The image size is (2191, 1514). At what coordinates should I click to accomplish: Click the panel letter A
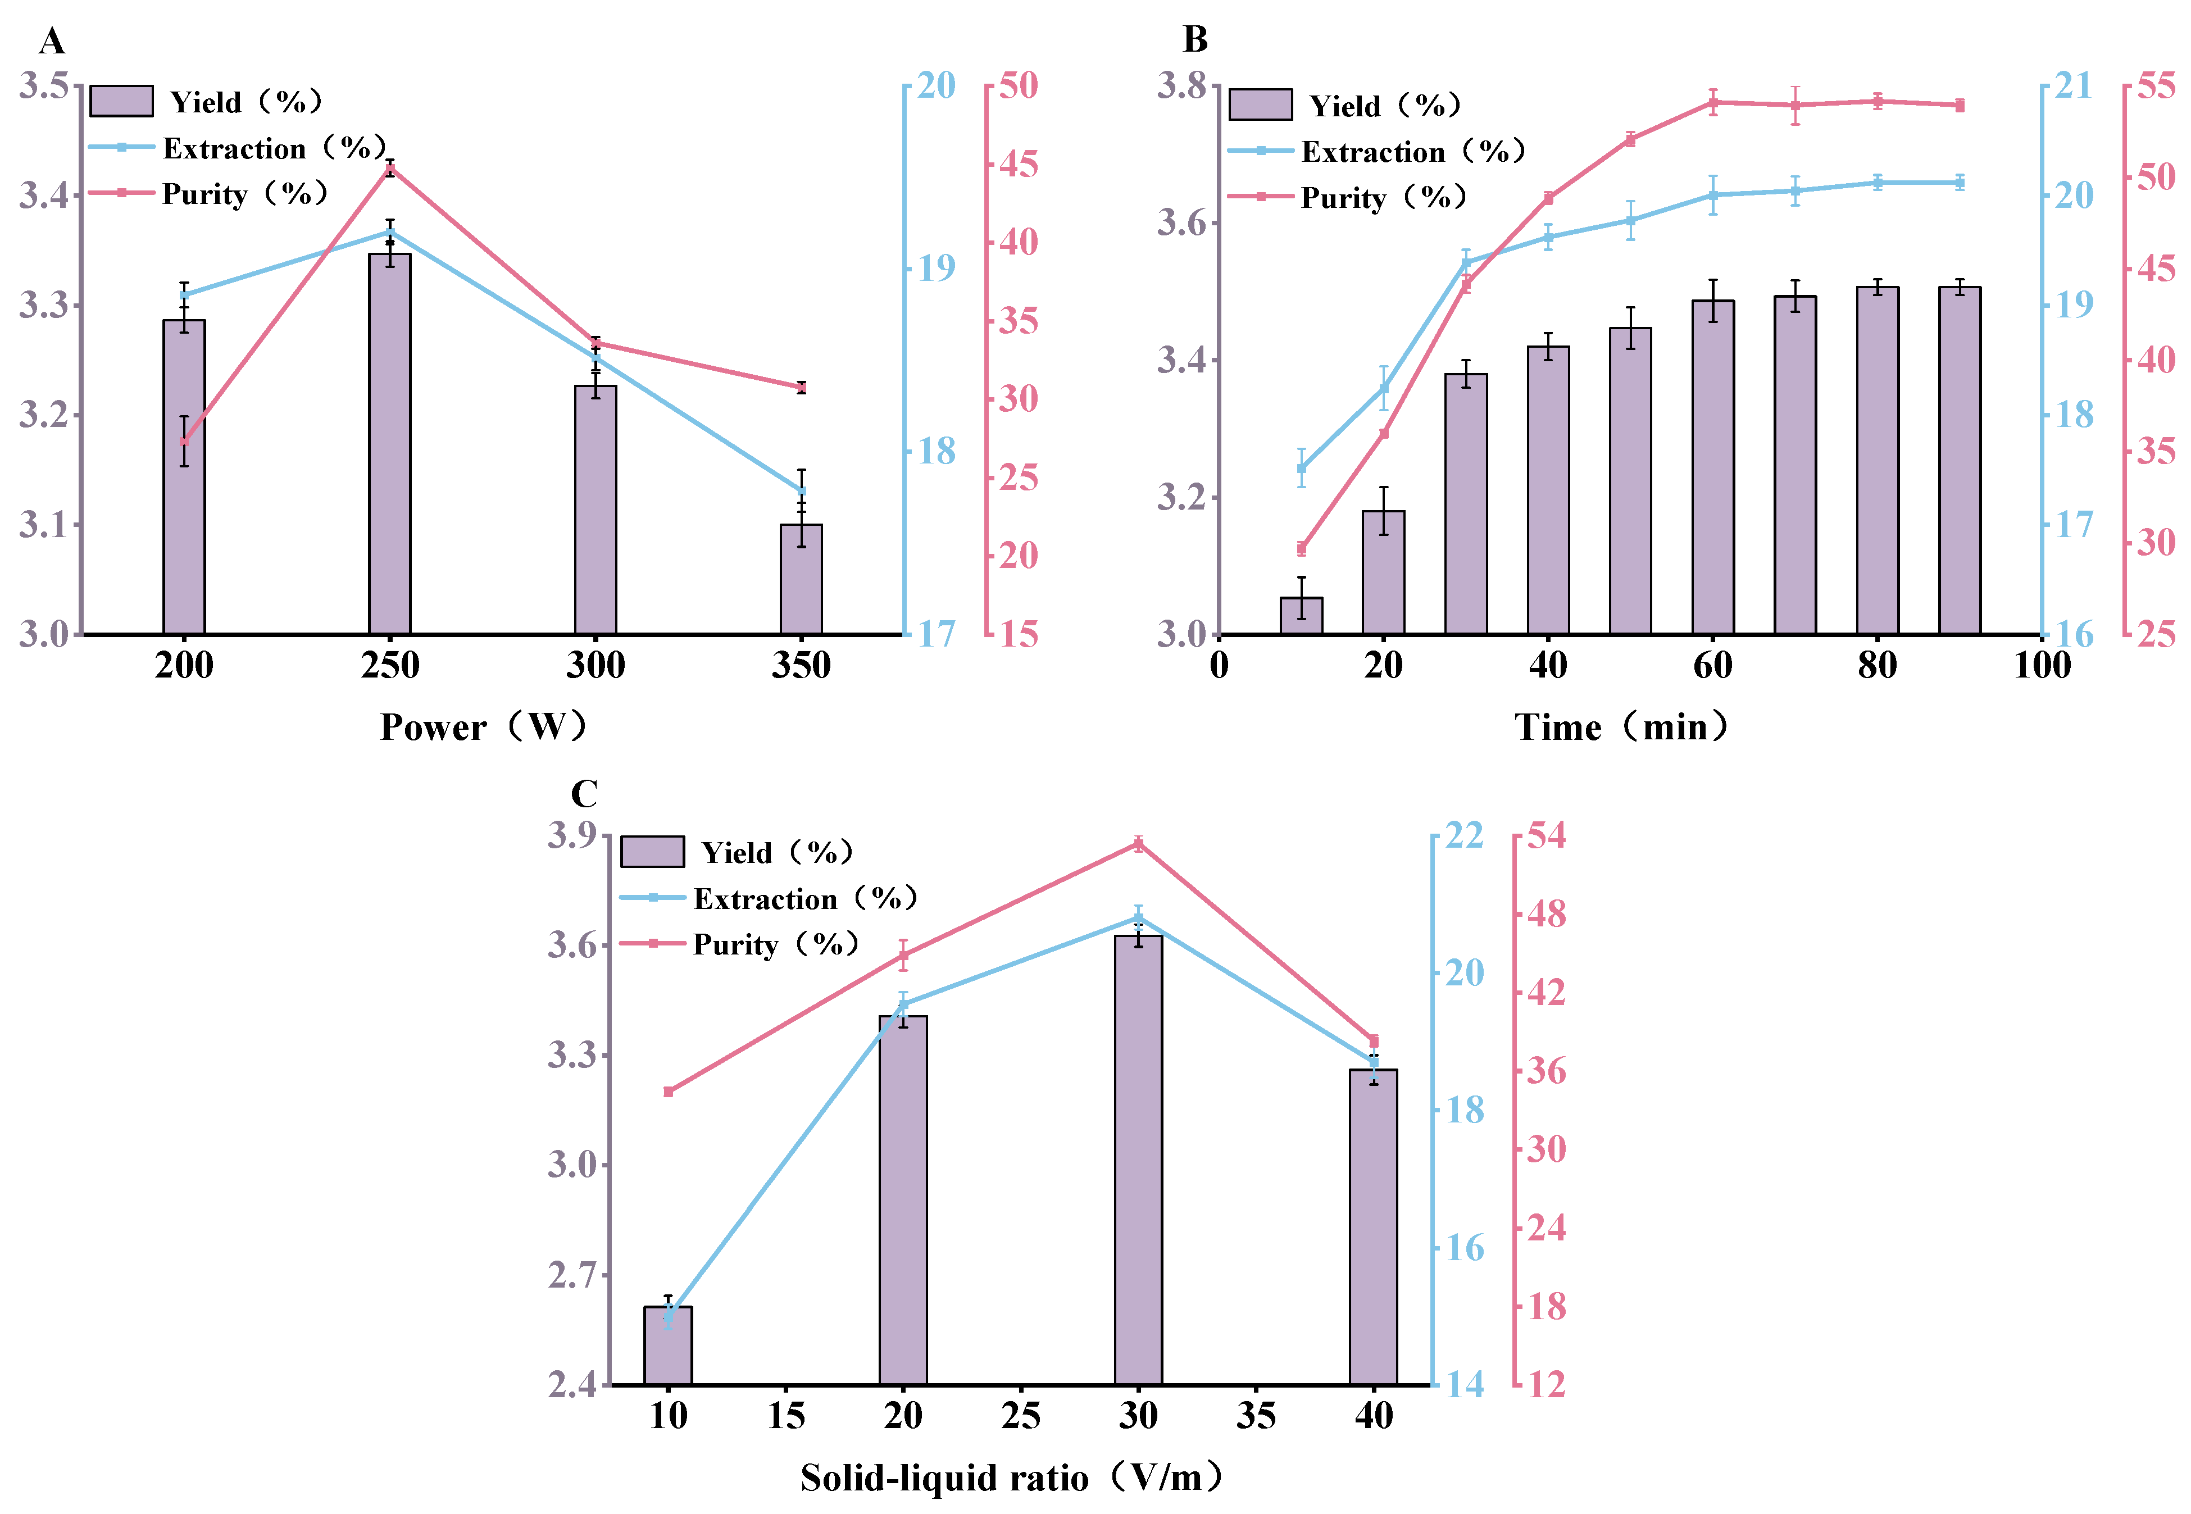(51, 42)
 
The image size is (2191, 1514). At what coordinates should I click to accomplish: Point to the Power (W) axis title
(484, 728)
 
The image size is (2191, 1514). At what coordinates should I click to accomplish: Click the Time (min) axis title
(1621, 728)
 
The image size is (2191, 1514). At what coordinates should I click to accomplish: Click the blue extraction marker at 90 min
(1960, 182)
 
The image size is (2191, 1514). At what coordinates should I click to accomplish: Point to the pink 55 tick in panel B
(2157, 87)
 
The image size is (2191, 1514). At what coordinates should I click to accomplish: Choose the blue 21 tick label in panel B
(2074, 87)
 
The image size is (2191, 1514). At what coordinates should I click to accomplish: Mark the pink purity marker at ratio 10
(669, 1092)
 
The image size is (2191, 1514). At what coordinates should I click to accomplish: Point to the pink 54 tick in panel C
(1546, 836)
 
